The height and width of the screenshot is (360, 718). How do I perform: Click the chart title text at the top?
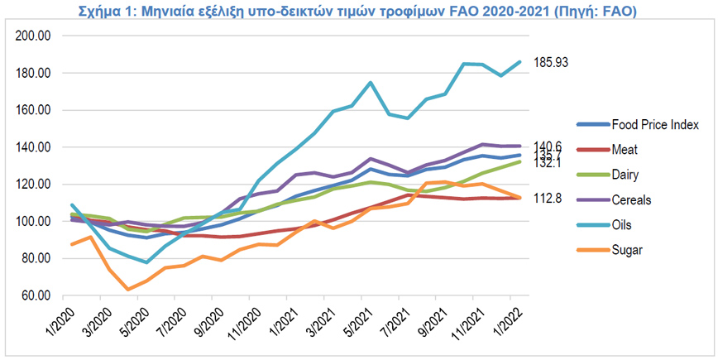click(x=358, y=10)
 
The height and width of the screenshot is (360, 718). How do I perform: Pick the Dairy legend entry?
click(x=629, y=175)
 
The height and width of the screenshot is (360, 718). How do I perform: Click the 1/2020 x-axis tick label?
click(x=55, y=323)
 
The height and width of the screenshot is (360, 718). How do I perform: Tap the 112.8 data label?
click(x=543, y=198)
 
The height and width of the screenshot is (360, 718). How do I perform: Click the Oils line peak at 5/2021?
click(x=370, y=83)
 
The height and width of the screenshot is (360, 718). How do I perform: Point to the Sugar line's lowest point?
click(x=128, y=289)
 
